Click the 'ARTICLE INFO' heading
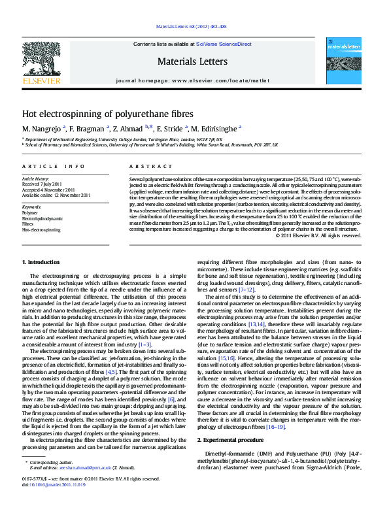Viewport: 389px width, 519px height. [x=44, y=167]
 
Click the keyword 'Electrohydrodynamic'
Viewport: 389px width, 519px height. [x=42, y=218]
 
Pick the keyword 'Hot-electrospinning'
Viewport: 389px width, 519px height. [x=41, y=230]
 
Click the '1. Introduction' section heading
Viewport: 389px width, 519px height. [x=41, y=262]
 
